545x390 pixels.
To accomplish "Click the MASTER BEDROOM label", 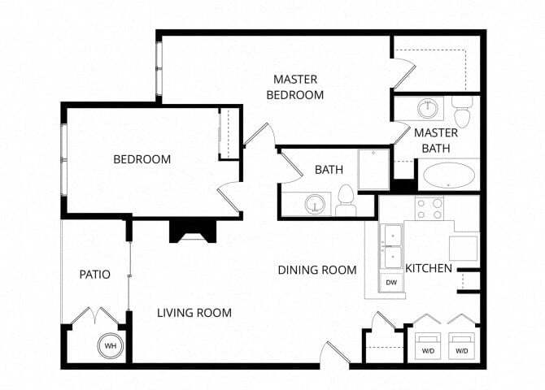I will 299,87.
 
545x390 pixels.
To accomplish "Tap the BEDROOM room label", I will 142,159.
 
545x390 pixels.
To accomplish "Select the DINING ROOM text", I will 317,270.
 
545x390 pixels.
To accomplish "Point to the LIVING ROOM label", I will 194,313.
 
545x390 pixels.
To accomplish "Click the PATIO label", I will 94,275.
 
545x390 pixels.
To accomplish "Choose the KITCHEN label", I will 429,268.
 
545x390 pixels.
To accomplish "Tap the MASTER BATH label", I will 436,140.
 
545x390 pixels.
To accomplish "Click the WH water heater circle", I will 110,347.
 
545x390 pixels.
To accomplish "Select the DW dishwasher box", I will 391,283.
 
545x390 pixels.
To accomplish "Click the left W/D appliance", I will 428,344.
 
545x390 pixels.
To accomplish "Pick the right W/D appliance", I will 462,344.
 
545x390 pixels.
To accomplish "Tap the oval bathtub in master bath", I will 449,175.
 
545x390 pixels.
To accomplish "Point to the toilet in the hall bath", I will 346,199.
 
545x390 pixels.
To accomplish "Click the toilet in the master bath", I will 462,114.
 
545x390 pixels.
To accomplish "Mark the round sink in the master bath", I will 427,109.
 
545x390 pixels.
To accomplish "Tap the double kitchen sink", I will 392,245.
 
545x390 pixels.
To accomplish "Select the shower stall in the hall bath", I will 374,168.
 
